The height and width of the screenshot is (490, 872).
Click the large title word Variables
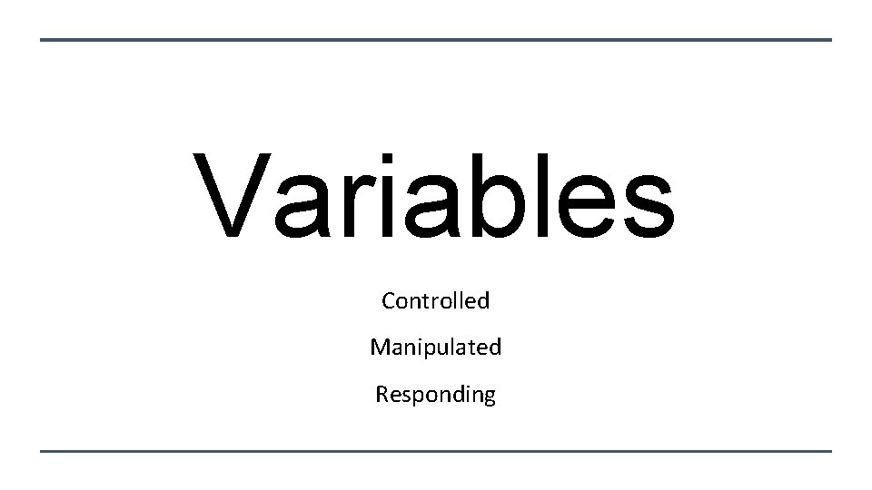click(434, 198)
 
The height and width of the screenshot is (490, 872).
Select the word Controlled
click(435, 300)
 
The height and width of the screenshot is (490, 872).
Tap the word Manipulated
click(435, 348)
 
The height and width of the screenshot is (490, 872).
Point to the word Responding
click(435, 395)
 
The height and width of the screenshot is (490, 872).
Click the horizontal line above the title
click(436, 40)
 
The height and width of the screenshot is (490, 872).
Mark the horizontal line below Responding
click(436, 451)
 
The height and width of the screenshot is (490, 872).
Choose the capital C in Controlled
click(389, 300)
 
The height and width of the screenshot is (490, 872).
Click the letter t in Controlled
click(428, 301)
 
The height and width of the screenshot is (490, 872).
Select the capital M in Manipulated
click(379, 348)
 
